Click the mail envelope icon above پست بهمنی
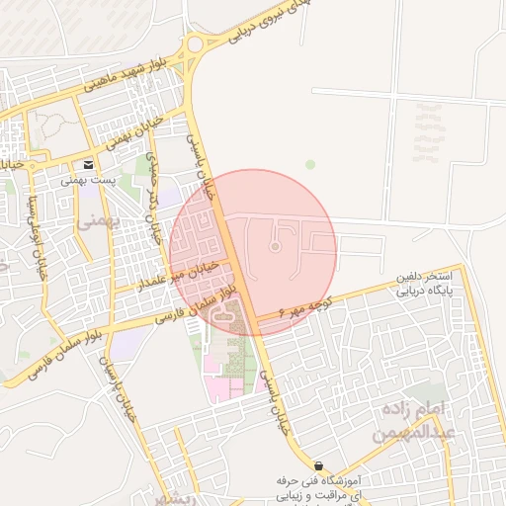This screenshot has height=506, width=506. point(89,164)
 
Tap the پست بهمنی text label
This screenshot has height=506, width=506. point(88,181)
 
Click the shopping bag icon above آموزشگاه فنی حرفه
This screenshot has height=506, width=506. point(318,465)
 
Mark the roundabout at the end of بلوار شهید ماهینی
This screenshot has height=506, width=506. point(196,43)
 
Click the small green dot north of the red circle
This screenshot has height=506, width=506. point(309,164)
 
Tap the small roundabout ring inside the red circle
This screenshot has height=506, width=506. point(276,246)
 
